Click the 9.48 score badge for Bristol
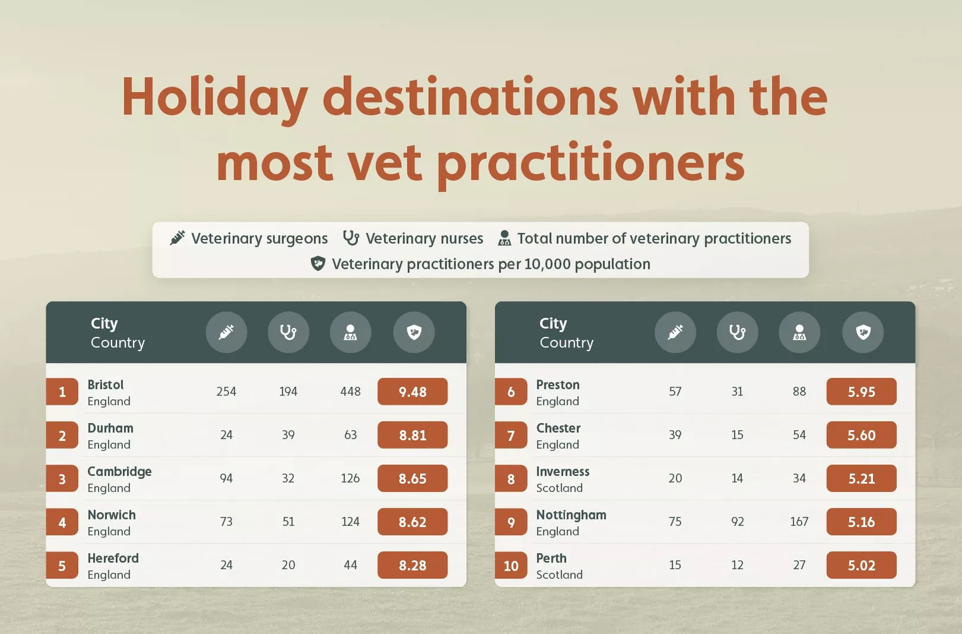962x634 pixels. pyautogui.click(x=412, y=392)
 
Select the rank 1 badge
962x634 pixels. pyautogui.click(x=62, y=392)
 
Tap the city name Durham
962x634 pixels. pyautogui.click(x=110, y=428)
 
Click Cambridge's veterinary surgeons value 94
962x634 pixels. pyautogui.click(x=226, y=478)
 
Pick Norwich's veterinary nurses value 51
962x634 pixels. pyautogui.click(x=288, y=522)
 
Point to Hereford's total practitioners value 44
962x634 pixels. pyautogui.click(x=350, y=565)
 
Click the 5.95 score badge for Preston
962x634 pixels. pyautogui.click(x=861, y=392)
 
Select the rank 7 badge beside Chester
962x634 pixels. pyautogui.click(x=511, y=436)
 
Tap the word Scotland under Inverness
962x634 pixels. pyautogui.click(x=559, y=488)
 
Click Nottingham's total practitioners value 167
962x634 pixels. pyautogui.click(x=799, y=522)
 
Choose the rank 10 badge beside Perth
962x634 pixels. pyautogui.click(x=511, y=566)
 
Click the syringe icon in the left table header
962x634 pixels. pyautogui.click(x=226, y=332)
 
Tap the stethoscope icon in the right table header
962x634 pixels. pyautogui.click(x=737, y=332)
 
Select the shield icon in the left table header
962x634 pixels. pyautogui.click(x=414, y=332)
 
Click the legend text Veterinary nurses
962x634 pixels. pyautogui.click(x=424, y=238)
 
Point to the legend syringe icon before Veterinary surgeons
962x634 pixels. pyautogui.click(x=178, y=238)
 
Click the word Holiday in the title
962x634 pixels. pyautogui.click(x=214, y=98)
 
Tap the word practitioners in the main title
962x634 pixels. pyautogui.click(x=591, y=163)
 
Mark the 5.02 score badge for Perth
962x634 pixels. pyautogui.click(x=861, y=566)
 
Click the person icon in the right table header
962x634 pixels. pyautogui.click(x=799, y=332)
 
